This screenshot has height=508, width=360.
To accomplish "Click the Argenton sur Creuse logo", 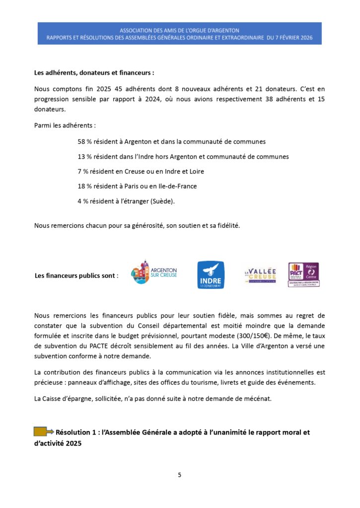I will (x=154, y=272).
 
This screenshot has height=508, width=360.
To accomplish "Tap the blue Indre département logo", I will (x=211, y=275).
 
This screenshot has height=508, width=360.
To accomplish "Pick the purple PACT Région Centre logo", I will (x=303, y=275).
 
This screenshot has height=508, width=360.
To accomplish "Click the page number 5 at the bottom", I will (x=180, y=475).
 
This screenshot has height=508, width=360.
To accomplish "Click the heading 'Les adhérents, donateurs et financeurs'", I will (x=94, y=72).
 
